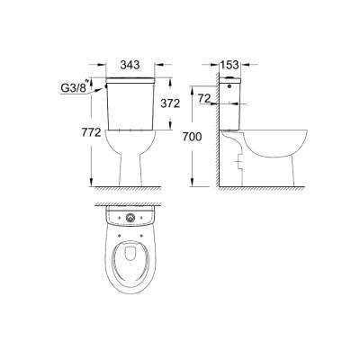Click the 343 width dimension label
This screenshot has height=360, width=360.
tap(130, 66)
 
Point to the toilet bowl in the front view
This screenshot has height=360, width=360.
tap(131, 144)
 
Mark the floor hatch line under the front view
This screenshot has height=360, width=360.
tap(131, 189)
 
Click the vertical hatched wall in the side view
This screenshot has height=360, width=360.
tap(216, 135)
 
